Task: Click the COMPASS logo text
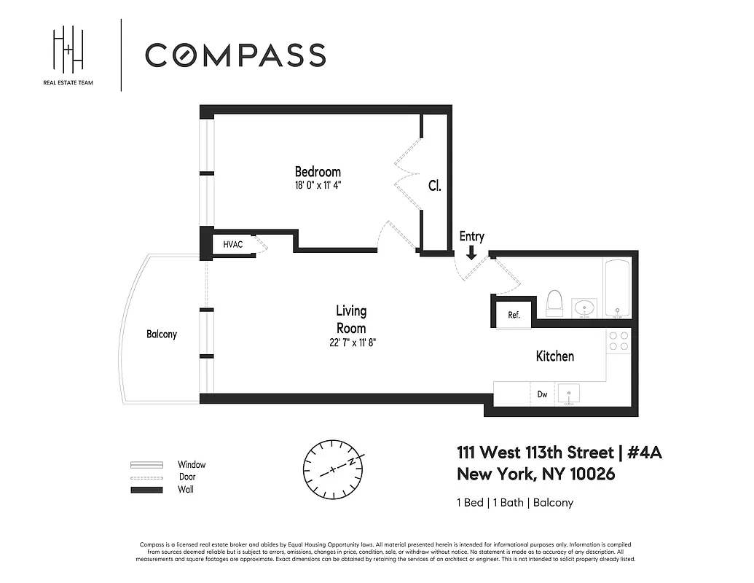click(x=235, y=55)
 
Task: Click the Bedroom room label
click(x=317, y=172)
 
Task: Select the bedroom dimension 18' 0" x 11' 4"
click(x=317, y=185)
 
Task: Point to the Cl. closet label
click(x=434, y=186)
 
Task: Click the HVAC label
click(x=233, y=245)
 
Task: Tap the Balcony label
click(x=162, y=334)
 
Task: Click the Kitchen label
click(x=555, y=356)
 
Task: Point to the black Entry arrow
click(x=471, y=252)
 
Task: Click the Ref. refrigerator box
click(x=514, y=315)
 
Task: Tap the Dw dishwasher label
click(x=543, y=394)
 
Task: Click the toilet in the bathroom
click(x=555, y=304)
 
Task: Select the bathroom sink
click(x=584, y=308)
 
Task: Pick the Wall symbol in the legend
click(x=146, y=490)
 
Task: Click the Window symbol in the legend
click(x=146, y=465)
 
